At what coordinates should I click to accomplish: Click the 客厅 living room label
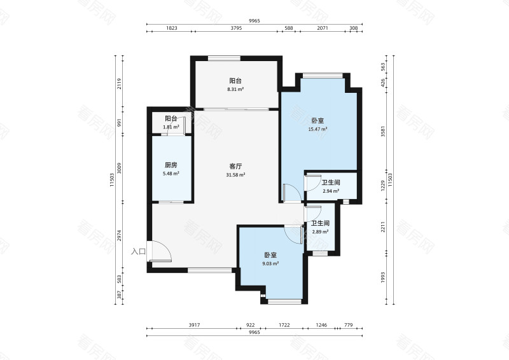pos(235,166)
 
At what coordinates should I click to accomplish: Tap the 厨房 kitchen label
pos(171,165)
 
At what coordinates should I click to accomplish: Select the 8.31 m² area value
pos(235,89)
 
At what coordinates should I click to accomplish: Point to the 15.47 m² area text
pos(317,129)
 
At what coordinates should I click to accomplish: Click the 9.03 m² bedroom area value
pos(270,263)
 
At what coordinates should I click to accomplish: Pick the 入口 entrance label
pos(138,251)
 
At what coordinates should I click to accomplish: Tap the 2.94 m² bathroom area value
pos(331,191)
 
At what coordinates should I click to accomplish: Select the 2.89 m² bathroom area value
pos(320,232)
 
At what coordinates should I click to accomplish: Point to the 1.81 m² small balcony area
pos(171,127)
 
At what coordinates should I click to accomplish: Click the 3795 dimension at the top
pos(236,28)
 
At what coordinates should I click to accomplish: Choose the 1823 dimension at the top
pos(172,28)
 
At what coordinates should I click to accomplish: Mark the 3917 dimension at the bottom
pos(194,324)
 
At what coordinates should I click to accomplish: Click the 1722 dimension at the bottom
pos(284,324)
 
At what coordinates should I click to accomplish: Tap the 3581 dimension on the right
pos(383,131)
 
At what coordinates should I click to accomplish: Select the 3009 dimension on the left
pos(119,168)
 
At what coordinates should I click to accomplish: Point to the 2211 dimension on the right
pos(383,226)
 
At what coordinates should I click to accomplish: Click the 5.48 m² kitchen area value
pos(171,174)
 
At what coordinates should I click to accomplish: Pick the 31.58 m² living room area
pos(235,175)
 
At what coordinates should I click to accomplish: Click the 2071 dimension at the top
pos(323,28)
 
